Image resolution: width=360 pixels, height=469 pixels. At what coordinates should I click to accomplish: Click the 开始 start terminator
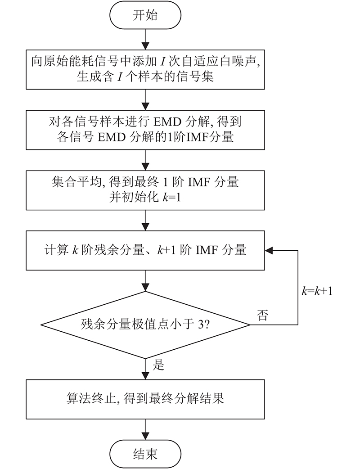pos(145,15)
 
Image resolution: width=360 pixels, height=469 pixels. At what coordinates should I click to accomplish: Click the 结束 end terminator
pos(145,454)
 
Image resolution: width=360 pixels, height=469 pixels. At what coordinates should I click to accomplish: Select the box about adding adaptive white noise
pos(145,70)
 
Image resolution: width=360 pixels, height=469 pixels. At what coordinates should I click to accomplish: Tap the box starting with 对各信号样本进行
pos(145,130)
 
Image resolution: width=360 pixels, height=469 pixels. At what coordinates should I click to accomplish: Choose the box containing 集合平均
pos(145,190)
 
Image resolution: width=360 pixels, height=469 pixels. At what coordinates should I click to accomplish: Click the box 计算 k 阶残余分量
pos(145,250)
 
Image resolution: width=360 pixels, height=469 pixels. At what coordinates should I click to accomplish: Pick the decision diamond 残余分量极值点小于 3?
pos(145,325)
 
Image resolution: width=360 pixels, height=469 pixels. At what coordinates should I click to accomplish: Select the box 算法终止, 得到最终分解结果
pos(145,399)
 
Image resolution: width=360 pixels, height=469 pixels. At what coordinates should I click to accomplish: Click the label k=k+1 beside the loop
pos(317,291)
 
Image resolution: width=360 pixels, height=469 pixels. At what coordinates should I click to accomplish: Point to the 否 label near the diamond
pos(262,315)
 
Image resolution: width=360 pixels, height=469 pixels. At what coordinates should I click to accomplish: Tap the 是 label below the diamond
pos(158,365)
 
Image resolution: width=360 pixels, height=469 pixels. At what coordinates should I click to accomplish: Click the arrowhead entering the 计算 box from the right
pos(269,250)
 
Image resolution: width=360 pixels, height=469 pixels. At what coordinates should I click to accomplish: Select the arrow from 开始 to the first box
pos(145,40)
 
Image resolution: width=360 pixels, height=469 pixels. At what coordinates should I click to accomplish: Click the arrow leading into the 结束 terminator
pos(145,429)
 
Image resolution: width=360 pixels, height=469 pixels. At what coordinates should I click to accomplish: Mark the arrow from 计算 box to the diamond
pos(145,281)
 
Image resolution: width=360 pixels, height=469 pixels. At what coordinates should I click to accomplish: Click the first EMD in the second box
pos(167,122)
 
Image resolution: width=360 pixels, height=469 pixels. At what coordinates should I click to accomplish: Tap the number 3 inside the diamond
pos(201,324)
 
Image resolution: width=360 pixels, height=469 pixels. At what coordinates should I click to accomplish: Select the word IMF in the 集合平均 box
pos(198,182)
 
